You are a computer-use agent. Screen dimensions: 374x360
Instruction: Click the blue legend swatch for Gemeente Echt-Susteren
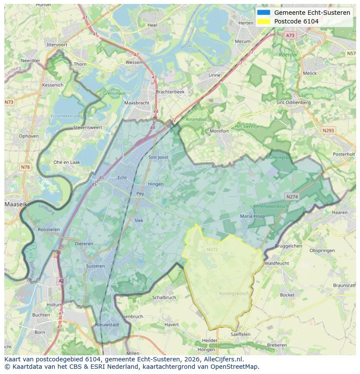pos(263,13)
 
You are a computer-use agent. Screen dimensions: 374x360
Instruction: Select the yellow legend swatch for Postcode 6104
pos(263,21)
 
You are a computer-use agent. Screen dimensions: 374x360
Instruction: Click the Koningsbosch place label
pos(234,294)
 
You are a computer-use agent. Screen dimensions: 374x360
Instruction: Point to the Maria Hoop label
pos(252,216)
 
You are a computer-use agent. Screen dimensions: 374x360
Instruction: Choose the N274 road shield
pos(292,196)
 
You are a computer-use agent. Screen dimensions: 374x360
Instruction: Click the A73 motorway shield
pos(290,35)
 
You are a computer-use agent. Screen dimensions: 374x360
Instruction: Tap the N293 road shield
pos(329,130)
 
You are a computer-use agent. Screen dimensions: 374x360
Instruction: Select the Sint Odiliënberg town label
pos(293,103)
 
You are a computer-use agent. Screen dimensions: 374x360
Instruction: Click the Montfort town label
pos(219,131)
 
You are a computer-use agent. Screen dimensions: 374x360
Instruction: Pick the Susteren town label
pos(95,266)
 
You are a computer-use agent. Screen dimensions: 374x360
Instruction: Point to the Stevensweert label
pos(87,128)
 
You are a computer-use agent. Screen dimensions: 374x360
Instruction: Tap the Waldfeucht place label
pos(277,263)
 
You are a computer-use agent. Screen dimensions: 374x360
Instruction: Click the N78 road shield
pos(25,155)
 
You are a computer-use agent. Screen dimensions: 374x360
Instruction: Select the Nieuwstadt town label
pos(107,324)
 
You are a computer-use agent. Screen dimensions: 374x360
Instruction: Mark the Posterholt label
pos(343,154)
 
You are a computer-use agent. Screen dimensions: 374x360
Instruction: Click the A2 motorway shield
pos(61,281)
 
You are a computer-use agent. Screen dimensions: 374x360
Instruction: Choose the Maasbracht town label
pos(137,103)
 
